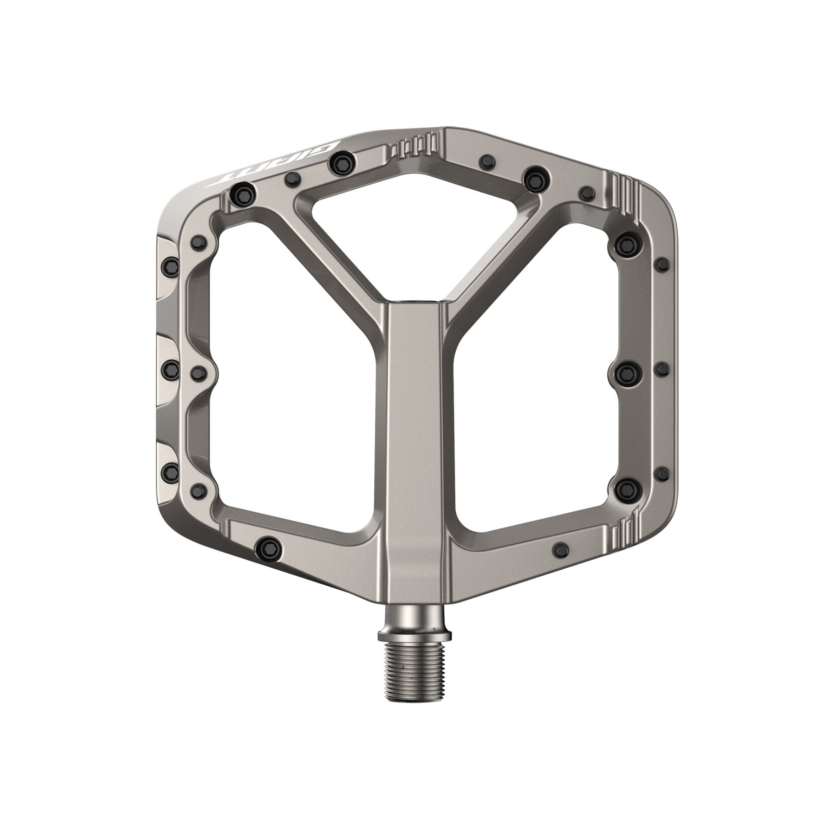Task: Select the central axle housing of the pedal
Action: tap(415, 427)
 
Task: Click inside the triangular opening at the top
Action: tap(415, 216)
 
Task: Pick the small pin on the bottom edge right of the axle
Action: tap(560, 547)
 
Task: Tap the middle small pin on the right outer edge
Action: tap(663, 369)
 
